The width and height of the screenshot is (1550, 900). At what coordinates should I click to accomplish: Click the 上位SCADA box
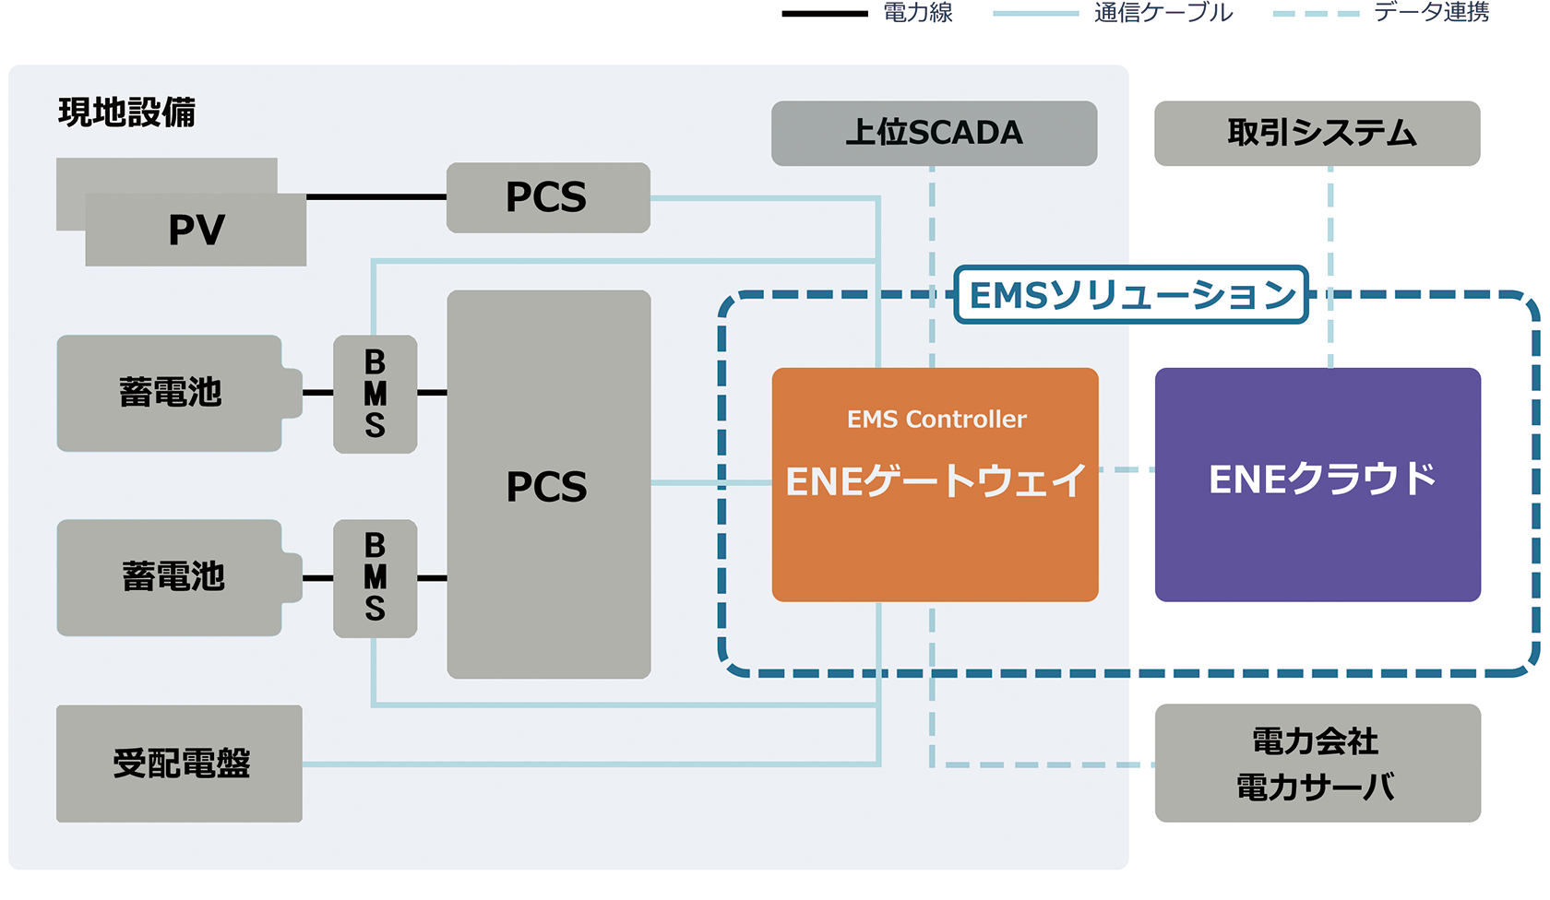(934, 134)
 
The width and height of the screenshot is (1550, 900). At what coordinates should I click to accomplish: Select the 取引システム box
(1317, 134)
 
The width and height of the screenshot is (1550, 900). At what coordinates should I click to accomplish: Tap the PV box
(196, 229)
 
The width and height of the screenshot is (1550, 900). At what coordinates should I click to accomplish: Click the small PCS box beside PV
(548, 197)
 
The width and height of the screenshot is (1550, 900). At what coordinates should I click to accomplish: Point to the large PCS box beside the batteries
(548, 485)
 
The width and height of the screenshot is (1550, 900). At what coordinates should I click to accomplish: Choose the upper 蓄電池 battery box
(170, 393)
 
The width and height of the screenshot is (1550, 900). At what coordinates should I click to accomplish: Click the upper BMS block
(375, 394)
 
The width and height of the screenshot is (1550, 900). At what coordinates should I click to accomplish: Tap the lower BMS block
(375, 578)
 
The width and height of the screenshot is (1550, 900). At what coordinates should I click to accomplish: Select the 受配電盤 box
(180, 764)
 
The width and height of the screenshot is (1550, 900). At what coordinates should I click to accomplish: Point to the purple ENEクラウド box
(1317, 484)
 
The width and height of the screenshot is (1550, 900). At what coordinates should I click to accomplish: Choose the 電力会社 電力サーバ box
(1317, 764)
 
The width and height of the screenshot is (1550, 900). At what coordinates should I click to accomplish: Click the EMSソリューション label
(1131, 295)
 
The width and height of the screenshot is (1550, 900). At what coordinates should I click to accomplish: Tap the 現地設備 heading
(126, 112)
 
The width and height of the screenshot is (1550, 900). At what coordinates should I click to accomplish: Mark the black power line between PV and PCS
(376, 196)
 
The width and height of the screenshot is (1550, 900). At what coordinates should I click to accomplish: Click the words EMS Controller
(936, 420)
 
